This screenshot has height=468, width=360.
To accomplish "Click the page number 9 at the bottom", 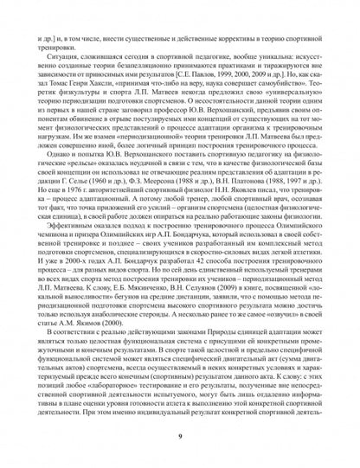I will tap(180, 438).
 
